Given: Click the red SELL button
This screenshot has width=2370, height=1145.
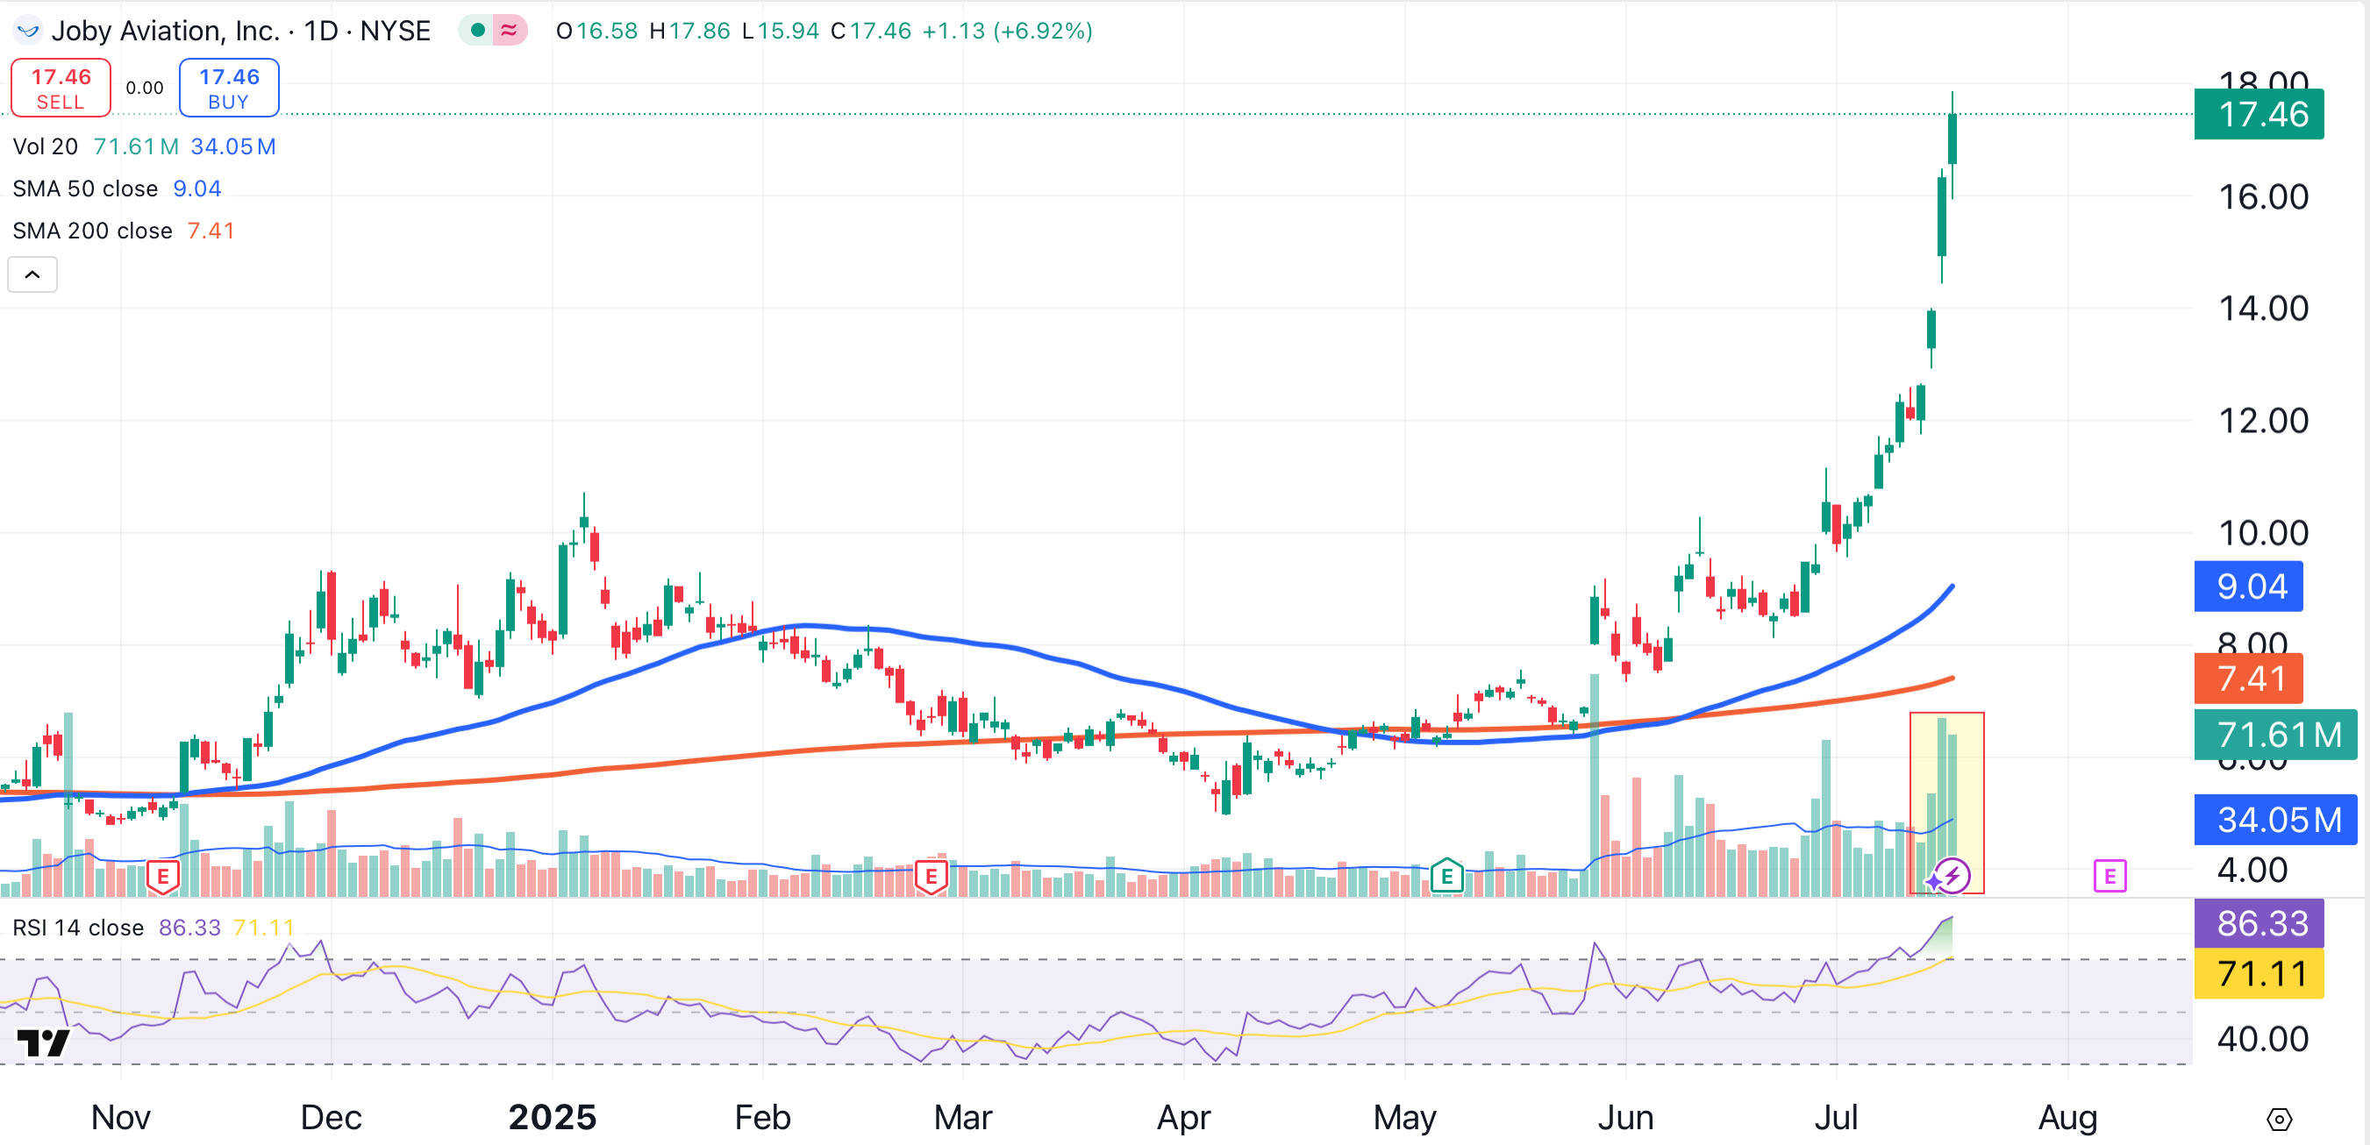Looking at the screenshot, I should point(61,89).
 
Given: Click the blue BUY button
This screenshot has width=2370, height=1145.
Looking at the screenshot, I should point(229,89).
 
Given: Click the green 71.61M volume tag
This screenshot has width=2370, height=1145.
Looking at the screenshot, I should point(2274,735).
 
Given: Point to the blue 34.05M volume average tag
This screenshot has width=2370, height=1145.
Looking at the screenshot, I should point(2274,820).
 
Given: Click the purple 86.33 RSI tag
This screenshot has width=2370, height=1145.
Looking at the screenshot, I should point(2259,923).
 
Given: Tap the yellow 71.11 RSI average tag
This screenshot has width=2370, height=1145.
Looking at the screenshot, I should point(2259,973).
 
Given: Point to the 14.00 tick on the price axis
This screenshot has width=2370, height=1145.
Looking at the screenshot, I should point(2262,309).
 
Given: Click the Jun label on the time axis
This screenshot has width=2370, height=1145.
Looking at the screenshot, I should point(1624,1118).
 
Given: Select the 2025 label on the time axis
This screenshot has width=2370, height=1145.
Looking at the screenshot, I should point(552,1118).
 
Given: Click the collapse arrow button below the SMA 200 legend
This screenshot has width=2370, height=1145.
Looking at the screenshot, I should point(32,275).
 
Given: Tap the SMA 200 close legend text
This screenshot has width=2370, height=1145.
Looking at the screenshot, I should point(92,231).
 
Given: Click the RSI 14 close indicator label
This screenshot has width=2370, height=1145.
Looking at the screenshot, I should point(78,927).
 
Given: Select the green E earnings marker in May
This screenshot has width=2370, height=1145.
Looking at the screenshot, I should point(1446,877).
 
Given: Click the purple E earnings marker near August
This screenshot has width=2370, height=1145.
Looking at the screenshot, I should point(2109,877).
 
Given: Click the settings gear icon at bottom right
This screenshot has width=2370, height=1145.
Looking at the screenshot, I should point(2279,1120).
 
